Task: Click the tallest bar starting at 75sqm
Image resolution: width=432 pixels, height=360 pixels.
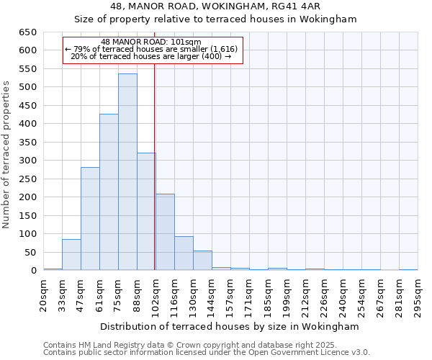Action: coord(127,172)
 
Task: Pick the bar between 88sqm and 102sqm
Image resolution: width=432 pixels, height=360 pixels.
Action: coord(146,212)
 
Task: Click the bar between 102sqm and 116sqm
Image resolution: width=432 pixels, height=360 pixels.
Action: coord(165,233)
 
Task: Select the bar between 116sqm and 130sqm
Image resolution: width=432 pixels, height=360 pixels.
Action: coord(184,253)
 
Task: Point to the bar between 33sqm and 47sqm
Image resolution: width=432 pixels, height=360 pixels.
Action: coord(71,255)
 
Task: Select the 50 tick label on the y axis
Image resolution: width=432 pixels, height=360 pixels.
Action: coord(30,253)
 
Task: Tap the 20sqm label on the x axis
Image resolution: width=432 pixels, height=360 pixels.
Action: coord(44,294)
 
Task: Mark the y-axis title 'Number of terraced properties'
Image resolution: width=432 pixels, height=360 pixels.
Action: coord(7,155)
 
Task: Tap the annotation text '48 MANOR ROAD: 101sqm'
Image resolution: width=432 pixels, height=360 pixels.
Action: coord(151,42)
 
